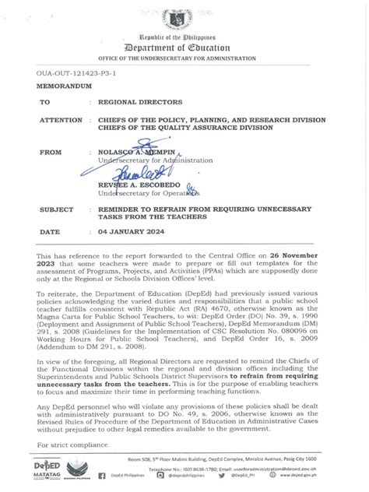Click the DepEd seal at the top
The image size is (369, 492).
tap(184, 16)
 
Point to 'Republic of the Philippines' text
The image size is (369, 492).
tap(184, 37)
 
